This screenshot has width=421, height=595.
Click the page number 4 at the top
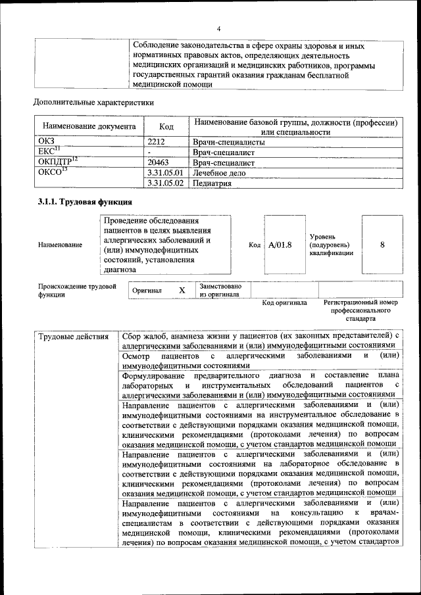click(218, 28)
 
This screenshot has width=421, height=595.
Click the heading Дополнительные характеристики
click(93, 103)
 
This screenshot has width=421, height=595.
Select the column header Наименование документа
click(89, 126)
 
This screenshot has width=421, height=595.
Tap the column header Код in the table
click(167, 126)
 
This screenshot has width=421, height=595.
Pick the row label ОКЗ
click(47, 141)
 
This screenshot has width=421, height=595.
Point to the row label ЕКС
click(49, 152)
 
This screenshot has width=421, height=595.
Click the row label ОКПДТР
click(57, 162)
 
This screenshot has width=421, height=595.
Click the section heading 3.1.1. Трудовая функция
click(86, 202)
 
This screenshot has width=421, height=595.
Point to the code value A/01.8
click(280, 245)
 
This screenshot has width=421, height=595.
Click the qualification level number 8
click(382, 245)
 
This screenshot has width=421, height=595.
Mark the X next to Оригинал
click(182, 290)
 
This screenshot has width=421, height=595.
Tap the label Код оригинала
click(284, 303)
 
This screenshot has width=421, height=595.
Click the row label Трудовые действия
click(73, 337)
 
